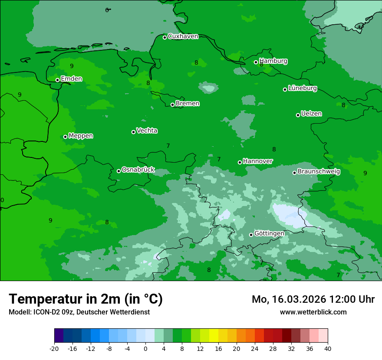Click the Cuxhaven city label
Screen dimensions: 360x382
click(x=183, y=36)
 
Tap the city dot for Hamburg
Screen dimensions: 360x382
click(x=256, y=62)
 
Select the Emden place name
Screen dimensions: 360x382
click(x=71, y=79)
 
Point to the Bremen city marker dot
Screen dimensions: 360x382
click(x=172, y=105)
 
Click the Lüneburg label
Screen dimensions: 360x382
click(x=302, y=88)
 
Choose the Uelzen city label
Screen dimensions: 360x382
click(x=311, y=114)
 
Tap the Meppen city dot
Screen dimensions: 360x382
click(x=65, y=137)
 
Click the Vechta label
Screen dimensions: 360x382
click(x=147, y=131)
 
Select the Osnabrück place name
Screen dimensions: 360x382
click(x=138, y=170)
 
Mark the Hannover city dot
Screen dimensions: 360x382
click(x=240, y=162)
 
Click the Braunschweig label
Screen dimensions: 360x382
click(x=319, y=172)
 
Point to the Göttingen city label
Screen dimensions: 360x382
click(x=269, y=234)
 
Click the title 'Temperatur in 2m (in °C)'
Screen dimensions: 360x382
click(x=86, y=299)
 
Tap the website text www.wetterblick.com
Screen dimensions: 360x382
click(x=313, y=312)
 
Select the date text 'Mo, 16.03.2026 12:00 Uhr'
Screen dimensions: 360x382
click(x=313, y=299)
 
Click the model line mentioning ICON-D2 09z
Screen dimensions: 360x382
click(x=79, y=312)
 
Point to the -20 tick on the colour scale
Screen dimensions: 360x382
click(x=54, y=349)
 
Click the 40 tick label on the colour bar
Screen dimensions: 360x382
click(x=328, y=349)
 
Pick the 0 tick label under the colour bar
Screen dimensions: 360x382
click(x=145, y=349)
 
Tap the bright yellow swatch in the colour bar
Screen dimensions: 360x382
click(x=214, y=336)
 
